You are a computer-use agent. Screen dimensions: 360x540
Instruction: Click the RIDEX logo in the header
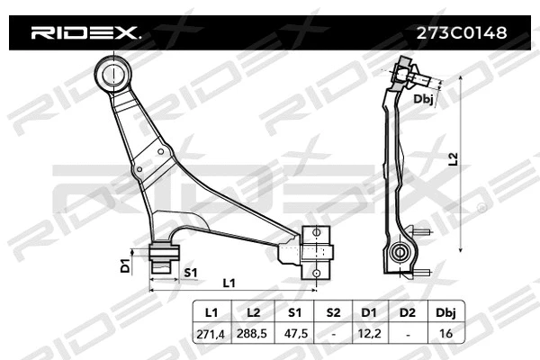tap(85, 33)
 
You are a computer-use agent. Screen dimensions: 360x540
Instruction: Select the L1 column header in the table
tap(212, 312)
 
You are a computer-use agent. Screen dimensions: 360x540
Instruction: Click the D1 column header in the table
tap(369, 312)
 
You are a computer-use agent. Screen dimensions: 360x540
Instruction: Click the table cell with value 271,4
tap(212, 332)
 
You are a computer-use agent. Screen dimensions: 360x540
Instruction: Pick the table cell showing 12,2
tap(369, 332)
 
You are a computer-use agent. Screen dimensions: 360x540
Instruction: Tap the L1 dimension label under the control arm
tap(229, 283)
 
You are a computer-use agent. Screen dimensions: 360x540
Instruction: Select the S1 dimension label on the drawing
tap(191, 271)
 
